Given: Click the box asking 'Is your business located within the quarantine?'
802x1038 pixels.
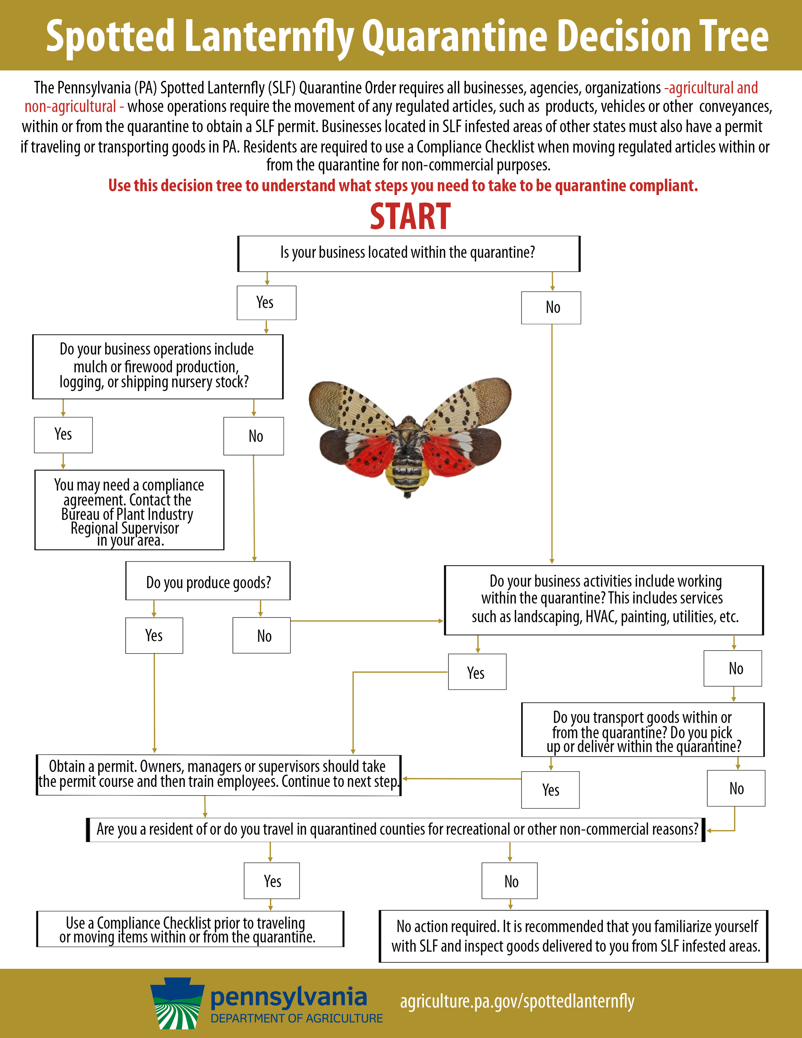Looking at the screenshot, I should tap(408, 253).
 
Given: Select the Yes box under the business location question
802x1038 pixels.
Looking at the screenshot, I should tap(266, 303).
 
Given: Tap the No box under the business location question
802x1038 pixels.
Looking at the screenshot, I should tap(551, 308).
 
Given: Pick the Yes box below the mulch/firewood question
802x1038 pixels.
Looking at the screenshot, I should tap(63, 434).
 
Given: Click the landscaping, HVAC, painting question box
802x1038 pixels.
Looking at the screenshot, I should tap(604, 600).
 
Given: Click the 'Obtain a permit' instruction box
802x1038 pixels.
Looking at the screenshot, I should tap(219, 775).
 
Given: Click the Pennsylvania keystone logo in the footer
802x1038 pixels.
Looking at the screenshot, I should tap(177, 1004).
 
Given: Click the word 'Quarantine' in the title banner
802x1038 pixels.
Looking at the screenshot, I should tap(456, 36).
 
